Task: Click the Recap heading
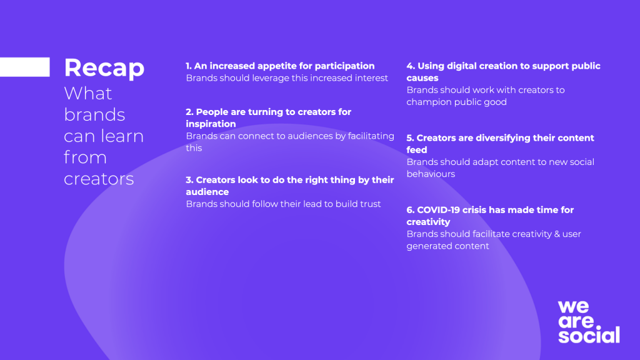104,68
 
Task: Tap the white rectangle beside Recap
25,67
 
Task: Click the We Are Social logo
589,322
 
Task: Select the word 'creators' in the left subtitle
99,179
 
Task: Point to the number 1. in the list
189,66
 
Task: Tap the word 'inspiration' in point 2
211,124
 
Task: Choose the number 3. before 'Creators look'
189,180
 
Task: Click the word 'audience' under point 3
207,192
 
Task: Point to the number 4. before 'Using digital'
411,66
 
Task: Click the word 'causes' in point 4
422,78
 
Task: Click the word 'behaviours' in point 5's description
431,174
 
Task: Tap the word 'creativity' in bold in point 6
428,222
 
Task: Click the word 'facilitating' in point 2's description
371,136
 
